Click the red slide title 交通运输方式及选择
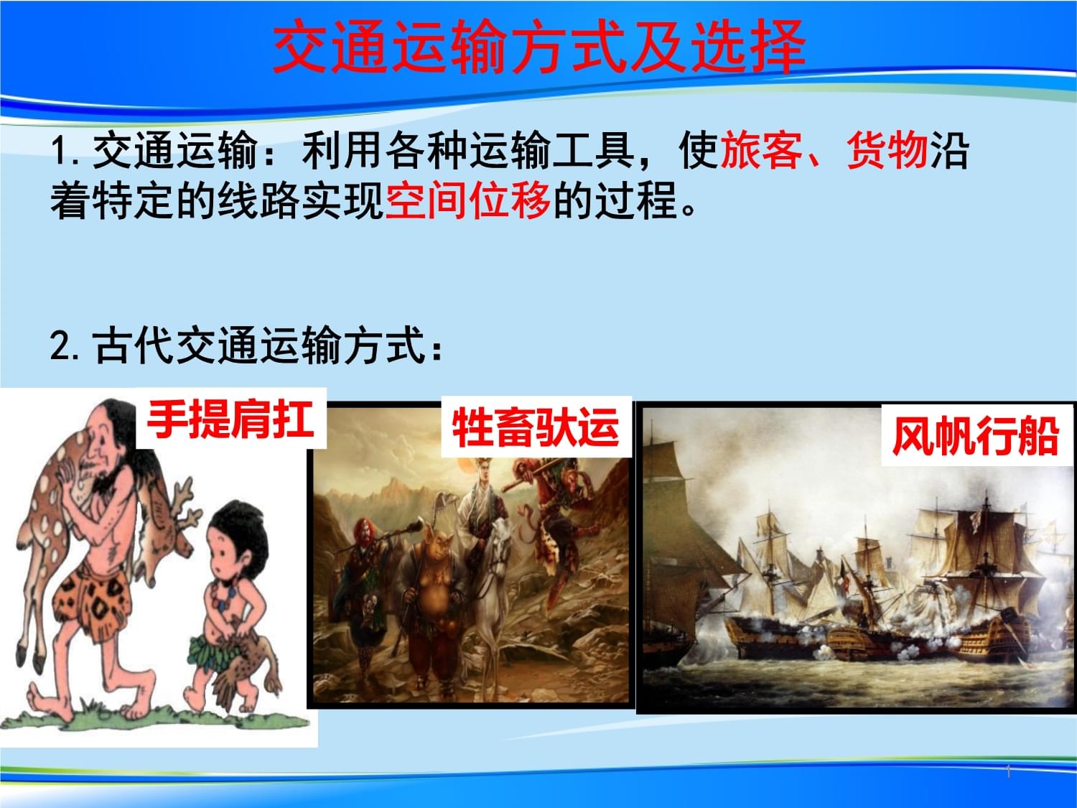pyautogui.click(x=538, y=47)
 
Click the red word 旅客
pyautogui.click(x=761, y=150)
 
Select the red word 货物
pyautogui.click(x=887, y=150)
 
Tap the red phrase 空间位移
pyautogui.click(x=467, y=200)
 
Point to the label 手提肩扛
pyautogui.click(x=230, y=419)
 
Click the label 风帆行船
pyautogui.click(x=976, y=436)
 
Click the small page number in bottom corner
pyautogui.click(x=1008, y=772)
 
